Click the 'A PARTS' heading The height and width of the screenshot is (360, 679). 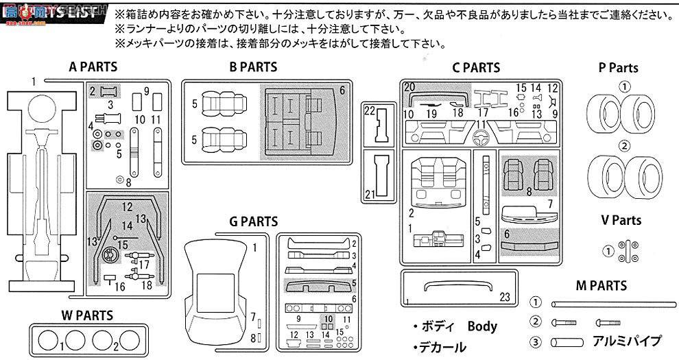[93, 67]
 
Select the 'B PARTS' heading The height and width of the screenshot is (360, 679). [253, 67]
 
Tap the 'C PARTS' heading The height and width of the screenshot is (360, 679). [476, 68]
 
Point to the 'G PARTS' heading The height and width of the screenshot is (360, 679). [253, 221]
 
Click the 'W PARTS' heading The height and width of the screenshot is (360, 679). [85, 315]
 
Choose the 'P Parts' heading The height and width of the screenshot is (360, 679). [618, 68]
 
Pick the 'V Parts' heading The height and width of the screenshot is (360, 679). [621, 220]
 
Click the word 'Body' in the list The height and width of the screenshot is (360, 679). [482, 326]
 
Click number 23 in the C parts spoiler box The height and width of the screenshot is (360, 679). [505, 298]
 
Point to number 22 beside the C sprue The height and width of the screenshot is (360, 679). [370, 110]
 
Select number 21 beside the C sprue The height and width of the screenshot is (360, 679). [370, 195]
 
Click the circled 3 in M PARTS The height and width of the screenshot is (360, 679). [536, 341]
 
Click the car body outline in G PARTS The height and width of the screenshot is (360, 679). [216, 288]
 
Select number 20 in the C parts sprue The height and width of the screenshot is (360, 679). [409, 87]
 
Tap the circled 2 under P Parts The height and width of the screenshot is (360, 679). [623, 145]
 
